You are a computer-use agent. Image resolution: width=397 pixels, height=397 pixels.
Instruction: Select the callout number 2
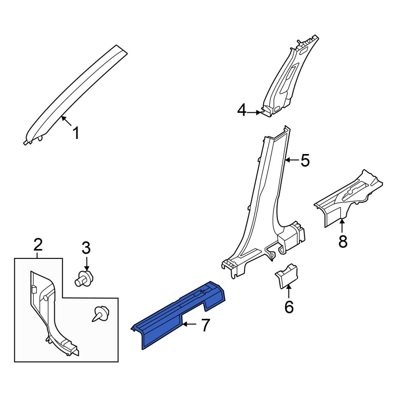38,245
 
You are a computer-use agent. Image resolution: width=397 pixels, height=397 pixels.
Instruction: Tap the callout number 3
86,248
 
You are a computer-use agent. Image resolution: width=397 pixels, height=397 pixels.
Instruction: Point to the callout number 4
241,110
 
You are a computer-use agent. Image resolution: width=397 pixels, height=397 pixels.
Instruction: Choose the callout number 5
304,161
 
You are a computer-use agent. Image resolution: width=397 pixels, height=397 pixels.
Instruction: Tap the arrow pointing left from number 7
190,325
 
